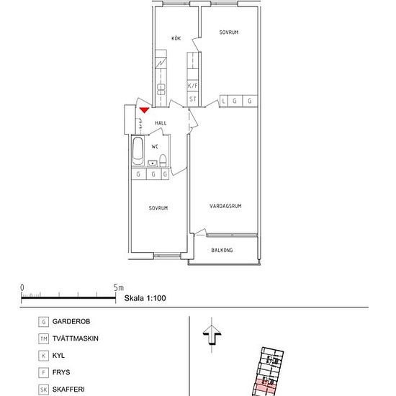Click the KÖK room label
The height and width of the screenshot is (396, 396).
tap(176, 38)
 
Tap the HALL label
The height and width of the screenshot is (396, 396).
tap(161, 123)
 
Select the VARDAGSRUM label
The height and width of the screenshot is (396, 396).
tap(225, 206)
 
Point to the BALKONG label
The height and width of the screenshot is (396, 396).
tap(222, 250)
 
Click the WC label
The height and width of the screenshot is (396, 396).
tap(155, 146)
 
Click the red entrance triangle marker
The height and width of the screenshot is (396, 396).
tap(145, 110)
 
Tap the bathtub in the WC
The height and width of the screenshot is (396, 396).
tap(138, 151)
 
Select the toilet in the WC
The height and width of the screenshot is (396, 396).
tap(163, 161)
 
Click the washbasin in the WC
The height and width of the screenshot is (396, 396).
tap(153, 163)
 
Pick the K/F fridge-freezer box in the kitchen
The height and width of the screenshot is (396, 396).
tap(192, 86)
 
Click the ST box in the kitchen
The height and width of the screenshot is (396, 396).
tap(192, 99)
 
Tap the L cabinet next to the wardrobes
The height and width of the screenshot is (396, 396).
tap(223, 101)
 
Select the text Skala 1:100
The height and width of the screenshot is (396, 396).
tap(145, 298)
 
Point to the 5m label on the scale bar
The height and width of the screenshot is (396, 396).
tap(119, 288)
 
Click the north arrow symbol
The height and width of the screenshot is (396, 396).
tap(212, 335)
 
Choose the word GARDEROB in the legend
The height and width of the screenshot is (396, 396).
tap(71, 322)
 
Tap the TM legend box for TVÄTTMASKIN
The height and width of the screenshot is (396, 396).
tap(44, 338)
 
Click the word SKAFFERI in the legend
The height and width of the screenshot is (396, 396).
tap(68, 390)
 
